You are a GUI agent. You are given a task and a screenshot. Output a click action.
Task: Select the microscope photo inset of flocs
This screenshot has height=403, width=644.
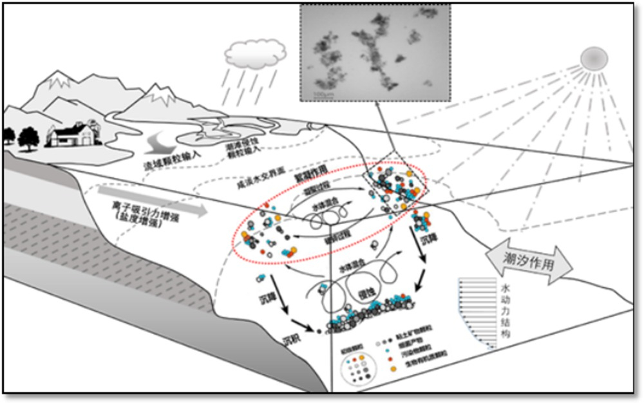tap(375, 52)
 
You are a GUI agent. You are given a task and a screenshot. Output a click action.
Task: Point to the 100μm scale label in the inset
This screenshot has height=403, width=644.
tap(314, 95)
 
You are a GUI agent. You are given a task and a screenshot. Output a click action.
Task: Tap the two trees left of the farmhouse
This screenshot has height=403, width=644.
tap(20, 136)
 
